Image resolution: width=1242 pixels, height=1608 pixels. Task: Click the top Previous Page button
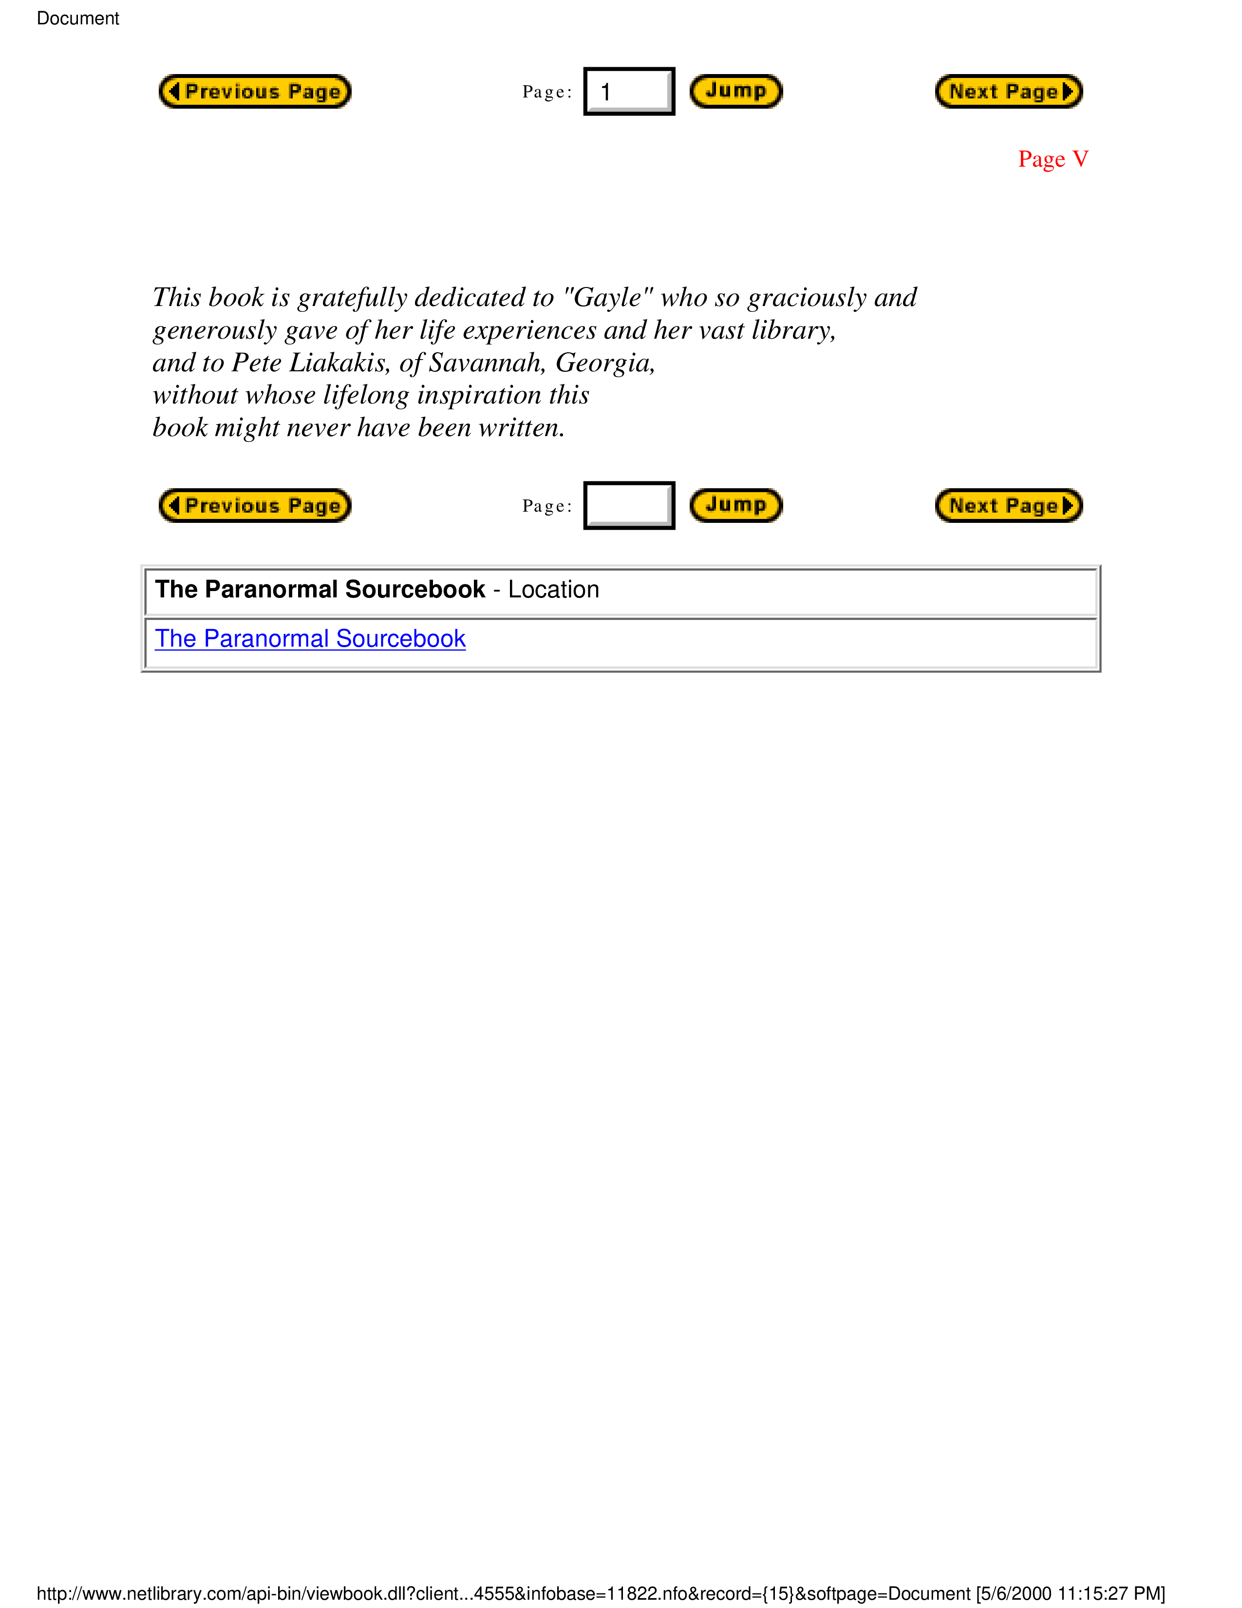click(255, 91)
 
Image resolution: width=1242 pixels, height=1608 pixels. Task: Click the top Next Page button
click(1008, 91)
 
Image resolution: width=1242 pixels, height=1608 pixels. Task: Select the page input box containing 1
click(628, 91)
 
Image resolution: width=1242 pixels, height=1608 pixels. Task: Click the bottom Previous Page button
click(255, 505)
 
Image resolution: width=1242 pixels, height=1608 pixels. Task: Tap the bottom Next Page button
click(1008, 505)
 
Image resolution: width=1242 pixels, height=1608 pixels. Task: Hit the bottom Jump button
click(735, 505)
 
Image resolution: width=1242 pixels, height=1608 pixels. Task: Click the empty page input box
click(628, 505)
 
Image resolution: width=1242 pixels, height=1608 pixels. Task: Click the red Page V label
click(1052, 159)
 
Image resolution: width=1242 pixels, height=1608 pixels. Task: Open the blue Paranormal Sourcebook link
click(310, 638)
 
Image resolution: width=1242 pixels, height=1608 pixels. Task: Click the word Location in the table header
click(553, 590)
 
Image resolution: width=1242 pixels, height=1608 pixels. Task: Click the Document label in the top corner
click(78, 19)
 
